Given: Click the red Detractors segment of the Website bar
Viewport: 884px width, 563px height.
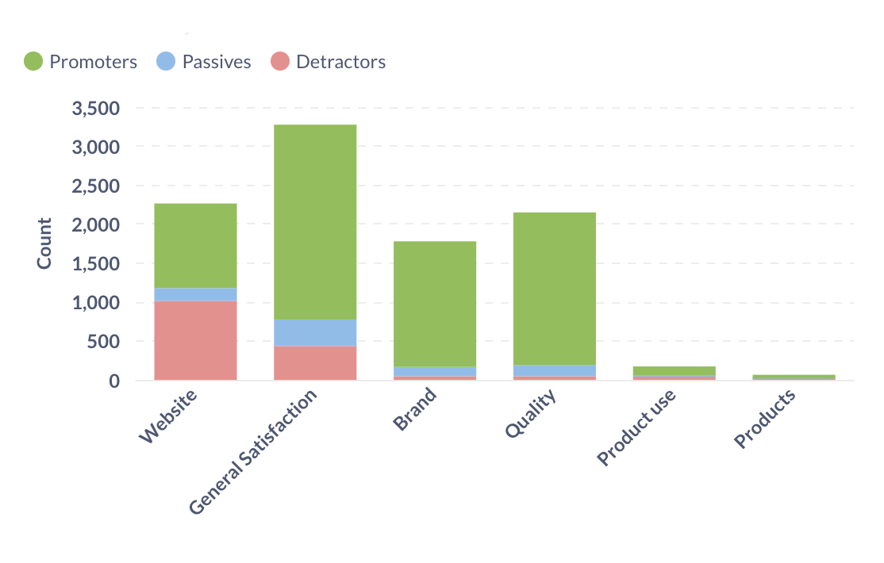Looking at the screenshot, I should tap(195, 340).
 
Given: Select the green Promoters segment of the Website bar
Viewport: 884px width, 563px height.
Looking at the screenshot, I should tap(195, 245).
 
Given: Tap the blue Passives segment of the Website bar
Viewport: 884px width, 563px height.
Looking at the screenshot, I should tap(195, 294).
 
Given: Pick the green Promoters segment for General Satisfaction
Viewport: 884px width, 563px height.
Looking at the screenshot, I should tap(315, 222).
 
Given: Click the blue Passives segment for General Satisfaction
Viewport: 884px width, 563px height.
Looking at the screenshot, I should tap(315, 333).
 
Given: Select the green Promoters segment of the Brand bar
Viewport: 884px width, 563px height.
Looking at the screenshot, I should tap(435, 304).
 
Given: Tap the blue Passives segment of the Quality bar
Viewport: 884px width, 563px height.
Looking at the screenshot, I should tap(555, 370).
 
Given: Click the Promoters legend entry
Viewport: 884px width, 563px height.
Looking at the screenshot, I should tap(80, 62).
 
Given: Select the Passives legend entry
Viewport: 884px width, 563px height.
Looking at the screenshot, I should tap(203, 62).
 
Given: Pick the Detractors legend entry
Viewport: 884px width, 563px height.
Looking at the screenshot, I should tap(328, 62).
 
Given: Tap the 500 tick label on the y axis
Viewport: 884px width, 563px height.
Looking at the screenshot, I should tap(103, 342).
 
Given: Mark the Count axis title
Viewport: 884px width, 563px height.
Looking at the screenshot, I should tap(44, 243).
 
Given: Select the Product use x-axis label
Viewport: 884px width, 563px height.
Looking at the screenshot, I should tap(637, 427).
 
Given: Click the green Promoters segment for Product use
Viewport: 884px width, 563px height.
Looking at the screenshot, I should tap(675, 370).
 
